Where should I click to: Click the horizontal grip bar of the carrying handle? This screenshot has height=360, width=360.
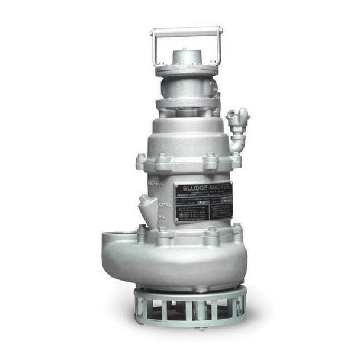(x=187, y=30)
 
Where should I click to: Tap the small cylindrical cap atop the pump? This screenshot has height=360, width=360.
(x=187, y=57)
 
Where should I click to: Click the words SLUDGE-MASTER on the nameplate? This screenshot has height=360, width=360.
(x=202, y=187)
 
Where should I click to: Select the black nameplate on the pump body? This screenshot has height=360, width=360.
(x=202, y=202)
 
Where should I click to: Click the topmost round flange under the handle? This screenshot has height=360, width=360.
(x=187, y=70)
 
